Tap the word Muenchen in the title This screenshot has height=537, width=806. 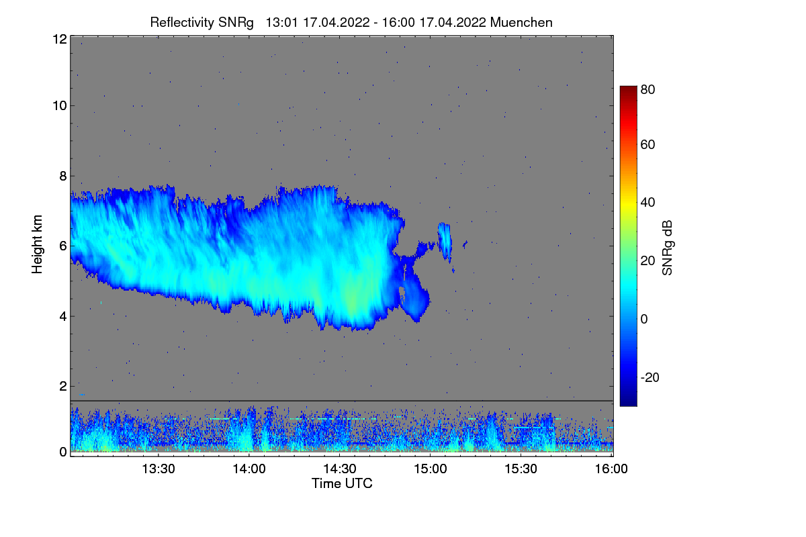click(x=521, y=22)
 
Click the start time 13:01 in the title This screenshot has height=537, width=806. click(x=281, y=22)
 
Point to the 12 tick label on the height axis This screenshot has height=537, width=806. click(x=60, y=39)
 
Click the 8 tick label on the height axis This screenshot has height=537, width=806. click(x=63, y=176)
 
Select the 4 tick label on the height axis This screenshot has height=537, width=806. click(x=63, y=317)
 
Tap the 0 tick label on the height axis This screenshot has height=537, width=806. click(x=63, y=452)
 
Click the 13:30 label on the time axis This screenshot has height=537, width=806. click(x=159, y=469)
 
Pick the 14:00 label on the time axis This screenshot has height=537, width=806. click(x=249, y=469)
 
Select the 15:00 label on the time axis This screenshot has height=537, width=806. click(x=431, y=469)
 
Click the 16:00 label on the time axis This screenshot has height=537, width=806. click(x=611, y=469)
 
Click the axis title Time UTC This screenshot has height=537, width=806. click(x=342, y=483)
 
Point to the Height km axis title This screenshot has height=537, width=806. click(x=37, y=244)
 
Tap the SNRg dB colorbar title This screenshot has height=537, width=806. click(x=667, y=248)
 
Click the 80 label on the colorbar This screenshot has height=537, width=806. click(x=647, y=89)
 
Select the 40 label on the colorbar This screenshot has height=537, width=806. click(x=647, y=203)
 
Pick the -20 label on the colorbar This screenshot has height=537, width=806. click(x=650, y=377)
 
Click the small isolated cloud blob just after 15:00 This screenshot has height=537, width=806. click(x=445, y=241)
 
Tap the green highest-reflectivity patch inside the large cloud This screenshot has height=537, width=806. click(x=353, y=299)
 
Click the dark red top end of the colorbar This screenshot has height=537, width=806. click(x=628, y=89)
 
